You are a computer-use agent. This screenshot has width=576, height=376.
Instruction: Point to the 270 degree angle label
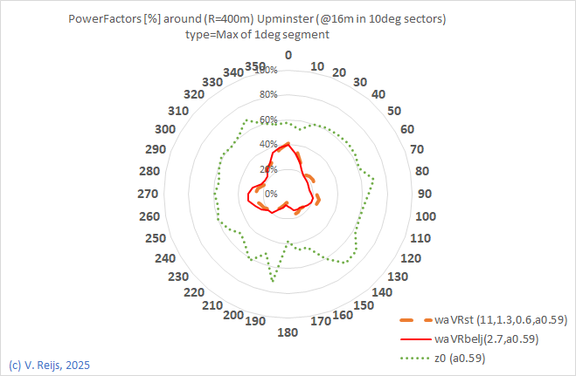(x=149, y=194)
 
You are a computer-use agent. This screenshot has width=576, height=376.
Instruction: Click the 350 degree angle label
(x=255, y=66)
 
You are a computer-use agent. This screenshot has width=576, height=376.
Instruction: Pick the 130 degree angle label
(x=396, y=276)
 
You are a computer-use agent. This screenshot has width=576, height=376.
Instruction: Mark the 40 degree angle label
(x=378, y=94)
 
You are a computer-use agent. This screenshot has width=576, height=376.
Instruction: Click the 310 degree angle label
(x=179, y=111)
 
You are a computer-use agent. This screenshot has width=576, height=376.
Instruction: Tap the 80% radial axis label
(x=268, y=94)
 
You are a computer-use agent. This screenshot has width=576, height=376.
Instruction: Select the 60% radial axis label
(x=268, y=120)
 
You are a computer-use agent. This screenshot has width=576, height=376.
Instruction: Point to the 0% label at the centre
(x=271, y=194)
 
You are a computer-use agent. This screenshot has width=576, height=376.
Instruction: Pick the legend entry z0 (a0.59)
(x=459, y=358)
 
